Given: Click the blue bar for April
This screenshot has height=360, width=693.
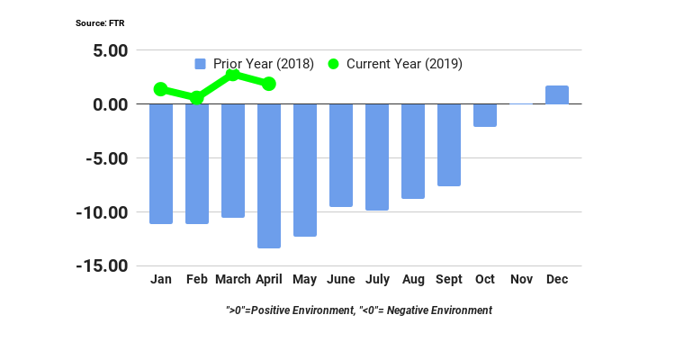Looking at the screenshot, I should click(x=268, y=175).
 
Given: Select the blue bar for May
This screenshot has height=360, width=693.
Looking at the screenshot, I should click(x=304, y=170).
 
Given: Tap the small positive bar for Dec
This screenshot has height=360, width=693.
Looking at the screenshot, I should click(x=556, y=95).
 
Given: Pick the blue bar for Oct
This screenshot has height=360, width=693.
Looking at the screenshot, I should click(x=484, y=115).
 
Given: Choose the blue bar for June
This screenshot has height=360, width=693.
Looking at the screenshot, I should click(x=340, y=156).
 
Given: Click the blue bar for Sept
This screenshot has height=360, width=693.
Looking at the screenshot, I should click(x=448, y=145).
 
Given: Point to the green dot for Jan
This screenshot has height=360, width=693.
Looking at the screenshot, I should click(x=160, y=89).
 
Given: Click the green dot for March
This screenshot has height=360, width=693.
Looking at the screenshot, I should click(x=232, y=75).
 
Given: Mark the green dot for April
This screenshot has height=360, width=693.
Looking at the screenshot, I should click(x=268, y=84).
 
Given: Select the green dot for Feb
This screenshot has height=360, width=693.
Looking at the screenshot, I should click(x=196, y=97).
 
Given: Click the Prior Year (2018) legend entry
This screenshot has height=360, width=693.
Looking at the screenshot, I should click(x=255, y=64).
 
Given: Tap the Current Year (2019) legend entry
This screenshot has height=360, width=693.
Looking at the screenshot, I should click(x=395, y=64).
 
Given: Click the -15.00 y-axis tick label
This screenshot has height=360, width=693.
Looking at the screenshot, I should click(x=102, y=266).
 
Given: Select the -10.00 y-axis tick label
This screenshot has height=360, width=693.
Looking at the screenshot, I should click(x=102, y=212).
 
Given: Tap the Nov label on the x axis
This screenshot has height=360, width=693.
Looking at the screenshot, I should click(x=521, y=280).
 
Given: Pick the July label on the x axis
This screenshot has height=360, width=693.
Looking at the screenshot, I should click(x=377, y=280).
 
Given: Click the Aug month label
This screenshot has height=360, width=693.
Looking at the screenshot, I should click(x=412, y=280).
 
